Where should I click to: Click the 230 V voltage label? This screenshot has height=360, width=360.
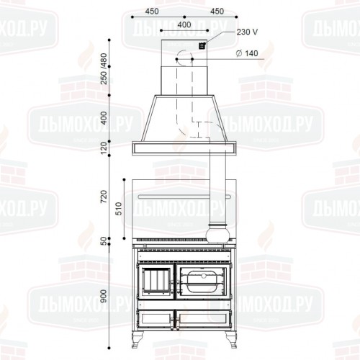pyautogui.click(x=247, y=32)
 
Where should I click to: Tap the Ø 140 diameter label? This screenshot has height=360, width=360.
pyautogui.click(x=247, y=53)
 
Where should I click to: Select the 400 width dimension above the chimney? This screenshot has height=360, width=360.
pyautogui.click(x=184, y=24)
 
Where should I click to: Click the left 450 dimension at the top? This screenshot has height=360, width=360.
pyautogui.click(x=152, y=12)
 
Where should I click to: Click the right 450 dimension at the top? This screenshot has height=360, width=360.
pyautogui.click(x=217, y=12)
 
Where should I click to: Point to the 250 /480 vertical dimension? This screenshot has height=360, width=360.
pyautogui.click(x=104, y=68)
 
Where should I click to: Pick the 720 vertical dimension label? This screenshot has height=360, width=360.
pyautogui.click(x=104, y=197)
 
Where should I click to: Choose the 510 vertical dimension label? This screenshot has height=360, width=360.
pyautogui.click(x=119, y=208)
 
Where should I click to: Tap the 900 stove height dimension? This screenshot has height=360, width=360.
pyautogui.click(x=104, y=296)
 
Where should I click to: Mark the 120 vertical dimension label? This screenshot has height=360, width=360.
pyautogui.click(x=104, y=148)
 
